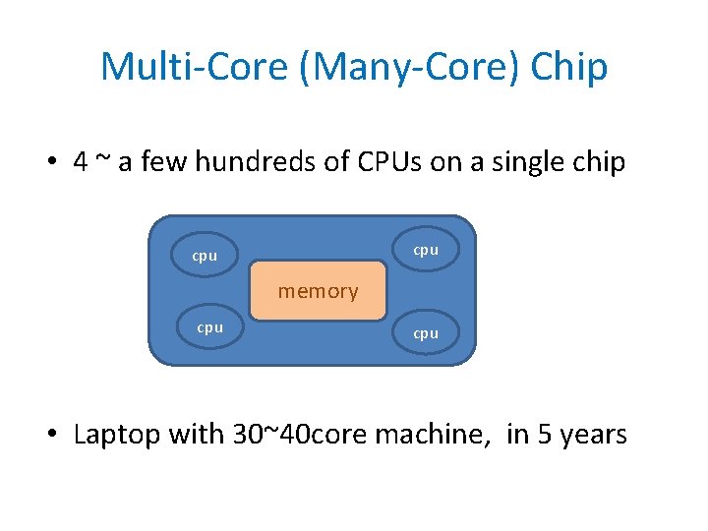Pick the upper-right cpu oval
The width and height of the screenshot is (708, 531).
point(426,250)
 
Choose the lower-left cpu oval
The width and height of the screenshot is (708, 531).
point(209,327)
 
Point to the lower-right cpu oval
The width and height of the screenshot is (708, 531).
point(426,333)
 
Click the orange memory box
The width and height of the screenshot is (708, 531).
point(318,291)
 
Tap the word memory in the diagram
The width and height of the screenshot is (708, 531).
point(318,291)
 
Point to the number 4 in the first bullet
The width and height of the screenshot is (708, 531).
point(81,162)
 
